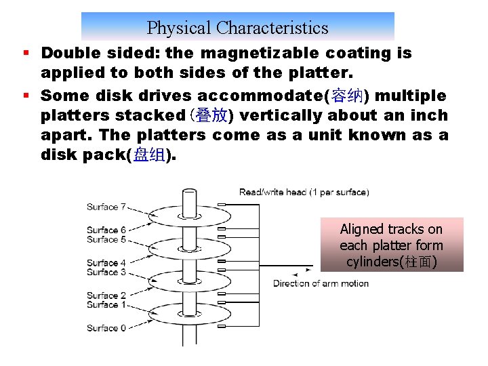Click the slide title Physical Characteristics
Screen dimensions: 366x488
tap(237, 28)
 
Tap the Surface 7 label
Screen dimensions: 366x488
tap(106, 207)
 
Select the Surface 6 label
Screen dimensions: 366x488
tap(106, 230)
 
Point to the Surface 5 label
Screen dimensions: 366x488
tap(106, 239)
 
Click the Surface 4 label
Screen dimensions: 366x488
tap(106, 263)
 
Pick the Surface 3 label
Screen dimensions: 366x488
tap(106, 272)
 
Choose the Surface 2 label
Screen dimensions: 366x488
tap(106, 296)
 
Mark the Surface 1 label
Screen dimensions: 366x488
tap(106, 304)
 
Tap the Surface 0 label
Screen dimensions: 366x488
tap(106, 328)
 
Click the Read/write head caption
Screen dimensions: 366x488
tap(304, 192)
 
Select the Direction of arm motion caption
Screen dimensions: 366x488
tap(321, 283)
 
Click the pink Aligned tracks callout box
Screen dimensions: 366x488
tap(391, 245)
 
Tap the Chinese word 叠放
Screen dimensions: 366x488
tap(211, 116)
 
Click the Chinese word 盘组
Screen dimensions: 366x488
tap(149, 155)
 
